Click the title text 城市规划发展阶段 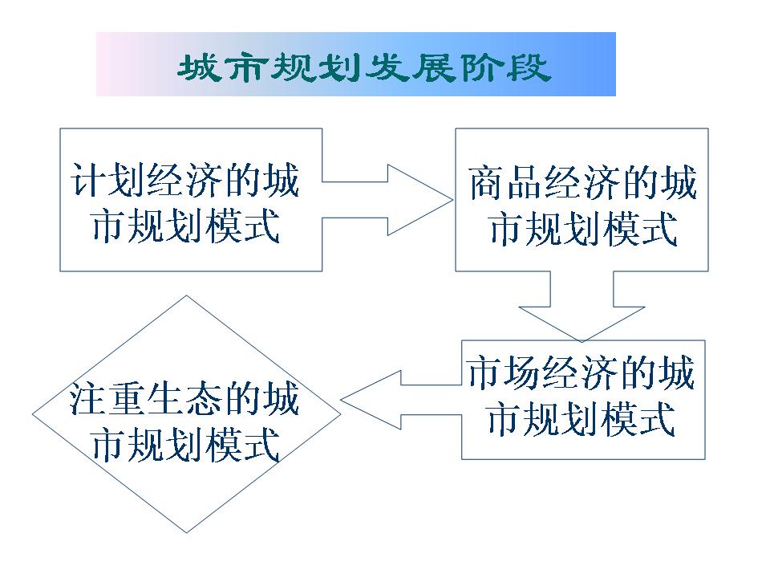pyautogui.click(x=364, y=67)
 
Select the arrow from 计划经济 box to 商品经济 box pyautogui.click(x=387, y=200)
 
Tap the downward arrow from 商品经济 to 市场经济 pyautogui.click(x=582, y=306)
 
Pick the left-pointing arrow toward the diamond pyautogui.click(x=401, y=400)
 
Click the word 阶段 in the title pyautogui.click(x=505, y=67)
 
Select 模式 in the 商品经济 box pyautogui.click(x=640, y=229)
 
